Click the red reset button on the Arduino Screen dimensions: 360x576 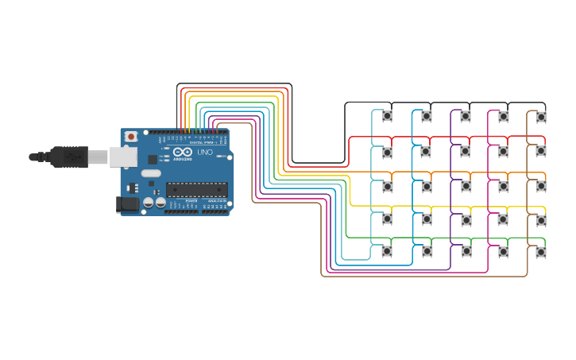131,137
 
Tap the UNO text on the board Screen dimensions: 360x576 205,152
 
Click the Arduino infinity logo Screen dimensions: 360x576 182,152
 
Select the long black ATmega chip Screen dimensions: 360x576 196,189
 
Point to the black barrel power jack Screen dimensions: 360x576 127,204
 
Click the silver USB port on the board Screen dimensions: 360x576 122,157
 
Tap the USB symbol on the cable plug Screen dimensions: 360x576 73,157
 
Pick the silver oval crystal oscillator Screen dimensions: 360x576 150,172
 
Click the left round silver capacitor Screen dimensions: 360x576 148,203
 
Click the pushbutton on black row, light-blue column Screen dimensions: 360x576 387,116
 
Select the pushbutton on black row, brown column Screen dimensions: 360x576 541,117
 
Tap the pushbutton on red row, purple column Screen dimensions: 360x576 465,151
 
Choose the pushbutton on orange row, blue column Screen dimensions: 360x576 426,186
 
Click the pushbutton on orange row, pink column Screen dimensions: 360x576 503,186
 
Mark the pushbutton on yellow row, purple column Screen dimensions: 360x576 465,219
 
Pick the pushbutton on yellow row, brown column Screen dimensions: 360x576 541,219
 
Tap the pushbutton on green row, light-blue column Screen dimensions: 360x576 387,251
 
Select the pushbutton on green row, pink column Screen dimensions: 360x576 503,252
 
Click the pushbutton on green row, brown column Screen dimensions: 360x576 541,252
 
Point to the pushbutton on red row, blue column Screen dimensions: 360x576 426,151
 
